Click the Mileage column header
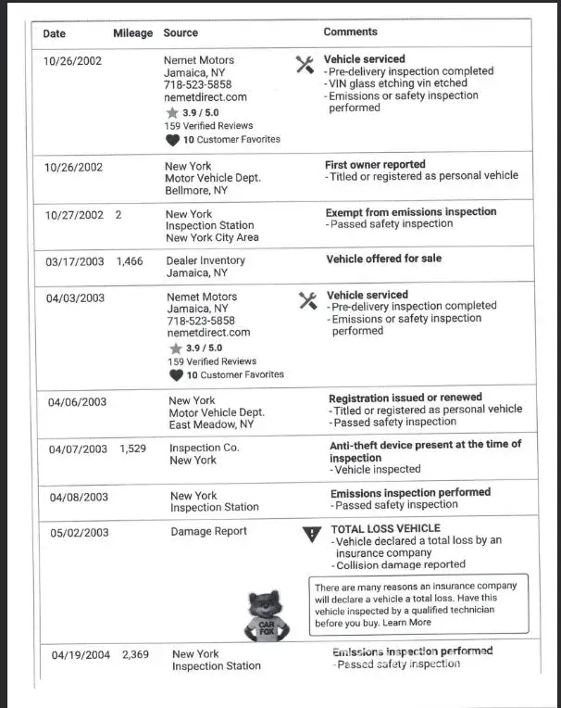click(132, 33)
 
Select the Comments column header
click(350, 32)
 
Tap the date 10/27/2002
click(74, 215)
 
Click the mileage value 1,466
click(130, 261)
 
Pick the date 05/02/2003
click(79, 533)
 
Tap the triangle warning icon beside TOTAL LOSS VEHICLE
click(310, 534)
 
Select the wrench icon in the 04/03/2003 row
click(308, 300)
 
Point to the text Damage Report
click(208, 532)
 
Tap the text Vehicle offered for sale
click(384, 259)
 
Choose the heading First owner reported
click(375, 164)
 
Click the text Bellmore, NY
click(195, 190)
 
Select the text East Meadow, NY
click(210, 424)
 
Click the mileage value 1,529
click(132, 449)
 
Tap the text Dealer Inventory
click(206, 261)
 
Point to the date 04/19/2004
click(81, 655)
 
